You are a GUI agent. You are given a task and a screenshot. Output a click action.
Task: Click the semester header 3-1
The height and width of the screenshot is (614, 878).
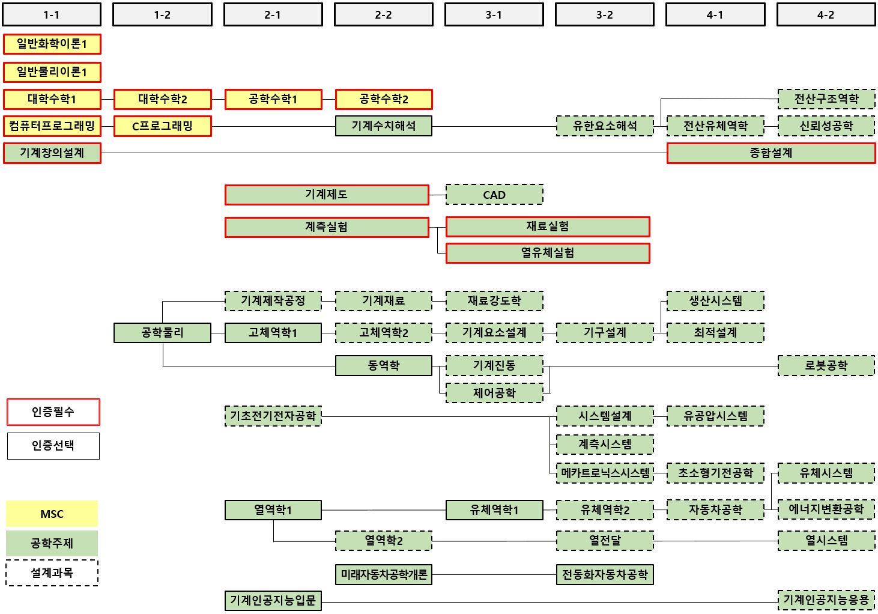pos(494,15)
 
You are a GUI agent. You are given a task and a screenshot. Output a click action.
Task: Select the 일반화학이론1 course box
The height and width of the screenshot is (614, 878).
pos(52,44)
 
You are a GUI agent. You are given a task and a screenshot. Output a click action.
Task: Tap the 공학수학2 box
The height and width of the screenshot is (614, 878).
pos(384,99)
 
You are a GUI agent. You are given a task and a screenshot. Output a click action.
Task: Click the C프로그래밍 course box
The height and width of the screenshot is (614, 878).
pos(162,126)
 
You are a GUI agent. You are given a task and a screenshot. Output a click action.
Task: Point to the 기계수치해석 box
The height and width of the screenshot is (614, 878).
pos(384,126)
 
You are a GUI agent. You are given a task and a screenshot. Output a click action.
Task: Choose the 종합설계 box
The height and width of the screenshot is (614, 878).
pos(771,153)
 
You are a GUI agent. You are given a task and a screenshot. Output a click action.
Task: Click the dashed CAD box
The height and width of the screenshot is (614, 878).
pos(494,195)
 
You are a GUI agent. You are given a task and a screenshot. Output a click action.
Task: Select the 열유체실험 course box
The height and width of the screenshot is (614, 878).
pos(548,253)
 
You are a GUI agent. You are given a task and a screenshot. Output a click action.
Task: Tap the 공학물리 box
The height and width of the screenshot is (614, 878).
pos(162,332)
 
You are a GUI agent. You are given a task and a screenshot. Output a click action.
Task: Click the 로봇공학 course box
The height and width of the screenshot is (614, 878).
pos(826,365)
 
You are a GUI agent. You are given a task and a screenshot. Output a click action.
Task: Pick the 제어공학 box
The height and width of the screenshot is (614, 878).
pos(494,393)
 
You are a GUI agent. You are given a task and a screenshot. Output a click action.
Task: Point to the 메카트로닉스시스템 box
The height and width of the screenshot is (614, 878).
pos(605,473)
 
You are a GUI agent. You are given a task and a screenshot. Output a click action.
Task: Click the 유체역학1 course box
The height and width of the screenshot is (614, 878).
pos(494,510)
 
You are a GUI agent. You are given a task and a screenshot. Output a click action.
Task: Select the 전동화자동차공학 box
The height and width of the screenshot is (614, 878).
pos(605,574)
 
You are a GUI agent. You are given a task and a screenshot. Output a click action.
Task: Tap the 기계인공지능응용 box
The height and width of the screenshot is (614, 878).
pos(826,600)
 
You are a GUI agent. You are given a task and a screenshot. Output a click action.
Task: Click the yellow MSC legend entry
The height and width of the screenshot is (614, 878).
pos(52,514)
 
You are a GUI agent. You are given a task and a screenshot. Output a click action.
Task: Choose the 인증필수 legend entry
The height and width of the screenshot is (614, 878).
pos(53,412)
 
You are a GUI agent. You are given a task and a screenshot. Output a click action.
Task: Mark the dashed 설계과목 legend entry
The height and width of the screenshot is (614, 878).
pos(52,573)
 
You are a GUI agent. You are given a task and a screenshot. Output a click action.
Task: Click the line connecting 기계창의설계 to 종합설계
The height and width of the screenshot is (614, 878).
pos(384,153)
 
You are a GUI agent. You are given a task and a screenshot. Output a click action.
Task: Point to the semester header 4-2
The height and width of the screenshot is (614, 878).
pos(826,15)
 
